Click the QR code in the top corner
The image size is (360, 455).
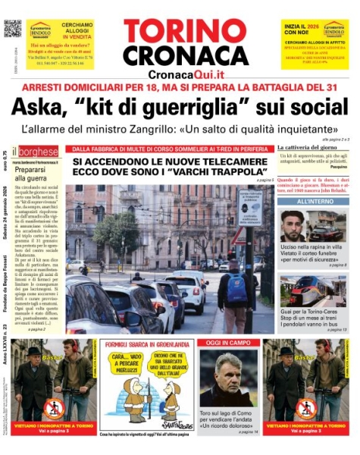click(x=11, y=29)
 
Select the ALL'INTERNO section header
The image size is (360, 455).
click(x=312, y=201)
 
